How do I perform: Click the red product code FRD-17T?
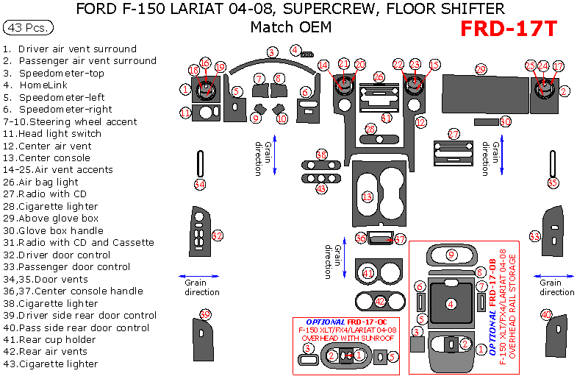[509, 29]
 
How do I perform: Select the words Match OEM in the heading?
[290, 27]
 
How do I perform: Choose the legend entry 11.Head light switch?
[52, 133]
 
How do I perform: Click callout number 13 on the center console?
[367, 196]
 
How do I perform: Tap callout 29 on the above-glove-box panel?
[481, 69]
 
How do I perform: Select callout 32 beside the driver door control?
[217, 235]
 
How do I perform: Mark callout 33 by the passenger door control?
[535, 236]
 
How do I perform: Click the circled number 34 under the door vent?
[200, 184]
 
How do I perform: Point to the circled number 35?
[553, 182]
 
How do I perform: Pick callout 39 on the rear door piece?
[205, 315]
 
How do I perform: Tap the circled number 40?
[546, 314]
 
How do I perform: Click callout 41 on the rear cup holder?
[368, 273]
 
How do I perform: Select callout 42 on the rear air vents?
[380, 301]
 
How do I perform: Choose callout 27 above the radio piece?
[454, 134]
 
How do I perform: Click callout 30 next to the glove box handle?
[505, 121]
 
